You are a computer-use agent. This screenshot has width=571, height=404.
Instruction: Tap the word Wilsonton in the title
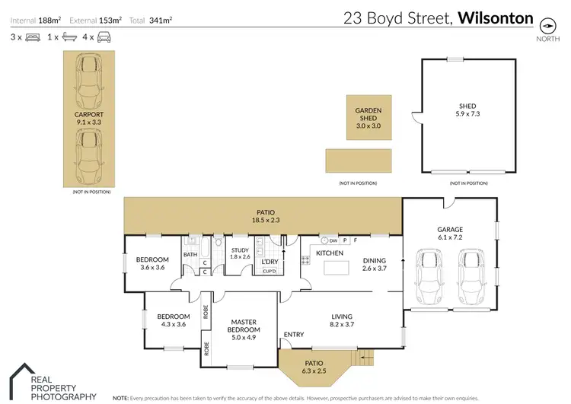pyautogui.click(x=495, y=17)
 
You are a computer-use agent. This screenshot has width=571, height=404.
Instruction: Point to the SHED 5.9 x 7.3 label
pyautogui.click(x=467, y=111)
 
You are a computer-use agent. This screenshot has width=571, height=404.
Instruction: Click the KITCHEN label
pyautogui.click(x=330, y=253)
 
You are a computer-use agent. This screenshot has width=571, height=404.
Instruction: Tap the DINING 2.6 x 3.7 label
pyautogui.click(x=375, y=264)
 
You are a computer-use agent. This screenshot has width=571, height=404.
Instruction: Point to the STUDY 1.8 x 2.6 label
pyautogui.click(x=240, y=253)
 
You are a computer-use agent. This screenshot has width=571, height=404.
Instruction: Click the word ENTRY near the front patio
pyautogui.click(x=293, y=335)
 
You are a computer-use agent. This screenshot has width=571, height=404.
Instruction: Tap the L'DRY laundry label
pyautogui.click(x=270, y=262)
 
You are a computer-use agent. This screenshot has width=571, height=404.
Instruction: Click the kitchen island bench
pyautogui.click(x=335, y=268)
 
